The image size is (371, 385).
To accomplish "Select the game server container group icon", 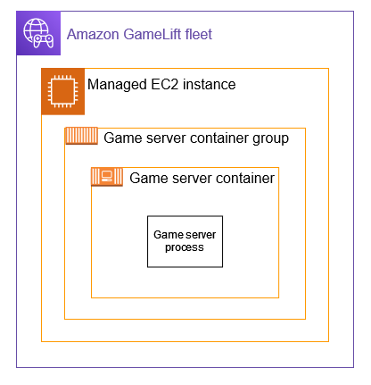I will pos(80,137).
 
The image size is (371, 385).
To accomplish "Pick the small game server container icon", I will pos(107,177).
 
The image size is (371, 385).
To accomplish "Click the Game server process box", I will pos(185,241).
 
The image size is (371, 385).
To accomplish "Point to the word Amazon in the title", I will pos(95,35).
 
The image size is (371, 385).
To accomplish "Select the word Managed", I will pos(118,86).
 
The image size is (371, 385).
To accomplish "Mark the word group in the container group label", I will pos(269,138).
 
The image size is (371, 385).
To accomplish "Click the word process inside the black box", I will pos(185,247).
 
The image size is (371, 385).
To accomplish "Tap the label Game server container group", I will pos(196,138).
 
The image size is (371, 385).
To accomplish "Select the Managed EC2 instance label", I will pos(161,86).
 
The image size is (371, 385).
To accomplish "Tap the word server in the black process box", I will pos(202,235).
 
